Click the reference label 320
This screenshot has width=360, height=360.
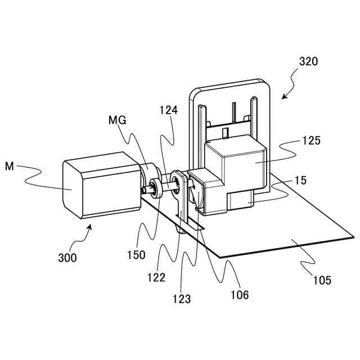(x=309, y=62)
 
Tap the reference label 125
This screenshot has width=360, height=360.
(x=310, y=141)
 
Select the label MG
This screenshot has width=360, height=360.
(x=118, y=120)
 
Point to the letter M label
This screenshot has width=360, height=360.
(x=9, y=166)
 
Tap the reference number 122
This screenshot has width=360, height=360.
(x=156, y=277)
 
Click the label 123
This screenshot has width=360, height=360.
(x=182, y=299)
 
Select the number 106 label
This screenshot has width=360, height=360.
(x=239, y=294)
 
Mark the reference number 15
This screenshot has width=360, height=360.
(x=300, y=181)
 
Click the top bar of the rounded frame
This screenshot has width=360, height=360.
(x=231, y=85)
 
